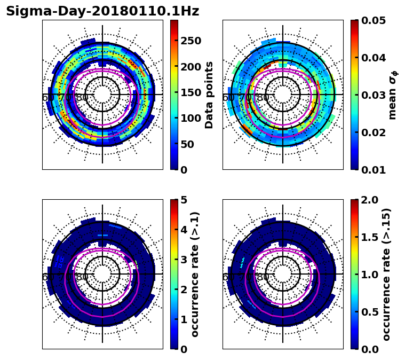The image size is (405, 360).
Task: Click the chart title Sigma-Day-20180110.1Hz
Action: point(102,11)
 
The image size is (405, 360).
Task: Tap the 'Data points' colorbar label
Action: point(209,95)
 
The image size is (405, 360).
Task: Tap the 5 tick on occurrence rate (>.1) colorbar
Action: point(184,200)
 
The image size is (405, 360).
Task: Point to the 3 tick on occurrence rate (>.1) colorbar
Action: point(184,260)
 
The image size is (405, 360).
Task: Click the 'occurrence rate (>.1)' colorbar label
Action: point(195,275)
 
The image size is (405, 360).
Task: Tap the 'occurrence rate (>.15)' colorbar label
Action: point(387,275)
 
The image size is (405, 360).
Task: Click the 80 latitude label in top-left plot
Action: point(82,98)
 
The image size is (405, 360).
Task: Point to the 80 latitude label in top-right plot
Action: point(263,98)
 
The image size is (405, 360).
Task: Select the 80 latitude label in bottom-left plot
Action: point(82,277)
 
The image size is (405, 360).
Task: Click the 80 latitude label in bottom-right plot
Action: point(263,277)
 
